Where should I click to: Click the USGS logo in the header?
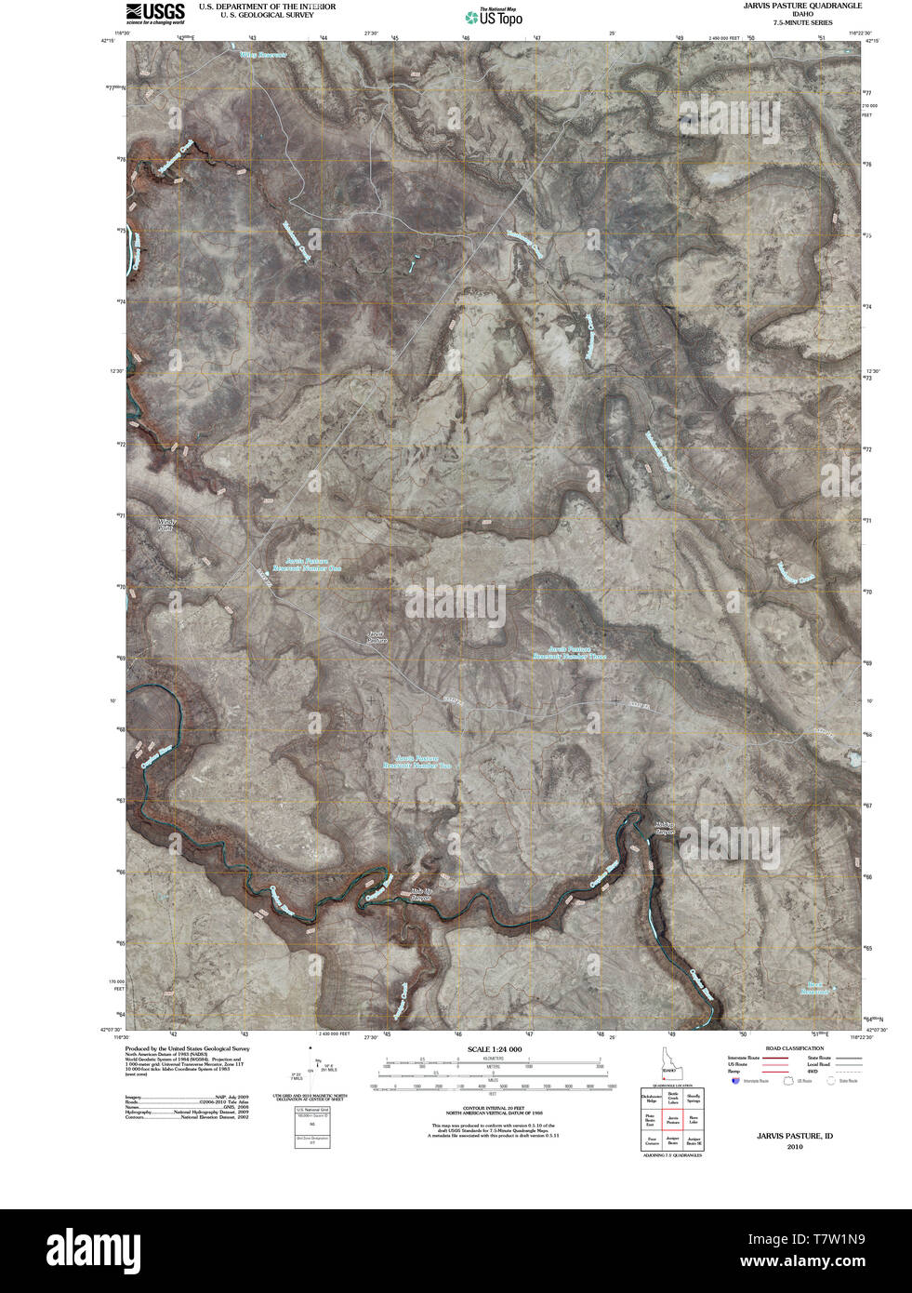(155, 12)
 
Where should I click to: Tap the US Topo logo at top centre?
(494, 16)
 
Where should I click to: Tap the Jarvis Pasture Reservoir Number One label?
(308, 565)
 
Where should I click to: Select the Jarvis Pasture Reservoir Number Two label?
(417, 761)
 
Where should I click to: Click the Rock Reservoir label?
(815, 987)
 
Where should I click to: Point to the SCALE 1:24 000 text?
(494, 1049)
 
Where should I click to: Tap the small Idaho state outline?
(670, 1063)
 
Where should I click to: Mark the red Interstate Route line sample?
(774, 1059)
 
